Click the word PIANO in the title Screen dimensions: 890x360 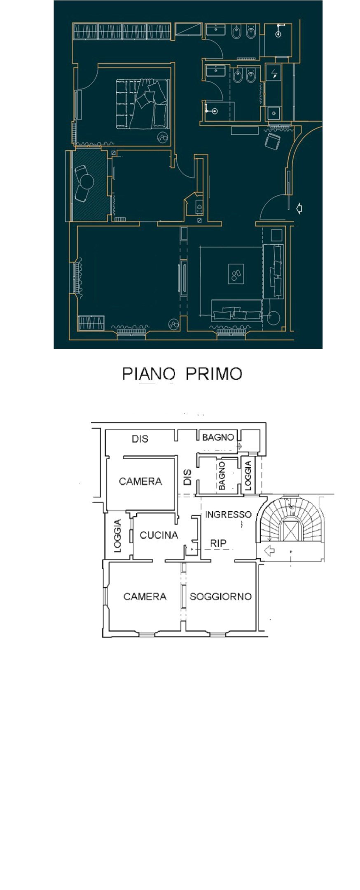148,374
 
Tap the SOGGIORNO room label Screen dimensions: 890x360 220,596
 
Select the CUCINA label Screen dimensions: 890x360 159,535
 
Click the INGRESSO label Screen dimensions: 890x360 228,514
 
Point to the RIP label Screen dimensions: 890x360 218,543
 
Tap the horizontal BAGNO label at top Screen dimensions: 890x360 218,437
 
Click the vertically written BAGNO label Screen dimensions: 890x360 222,475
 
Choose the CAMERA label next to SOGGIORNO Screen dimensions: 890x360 145,596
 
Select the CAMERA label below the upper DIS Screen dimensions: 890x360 140,481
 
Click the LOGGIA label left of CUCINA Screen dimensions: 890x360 118,536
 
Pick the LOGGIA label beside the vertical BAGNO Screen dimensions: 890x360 248,475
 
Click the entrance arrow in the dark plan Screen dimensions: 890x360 299,209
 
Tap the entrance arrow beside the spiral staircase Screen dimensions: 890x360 269,550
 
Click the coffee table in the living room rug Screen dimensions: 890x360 236,274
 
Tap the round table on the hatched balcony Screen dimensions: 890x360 87,181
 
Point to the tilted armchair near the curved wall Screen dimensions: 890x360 272,141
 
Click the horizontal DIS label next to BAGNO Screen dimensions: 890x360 140,439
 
